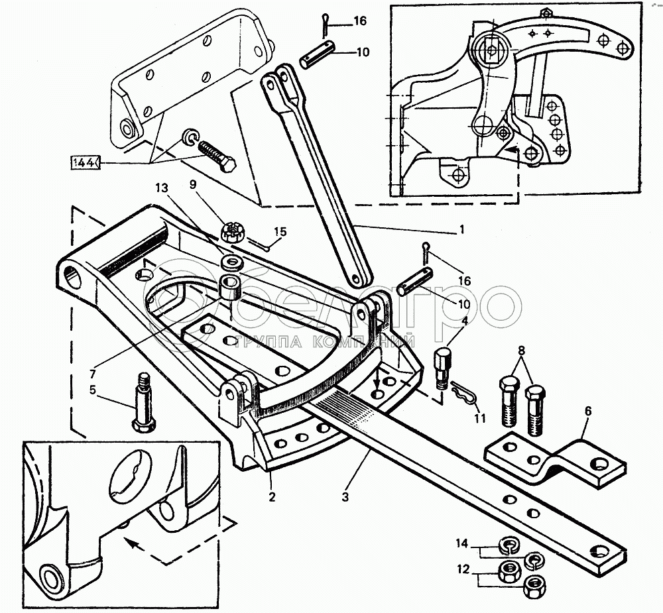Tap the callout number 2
(272, 496)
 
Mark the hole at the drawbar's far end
(603, 551)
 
